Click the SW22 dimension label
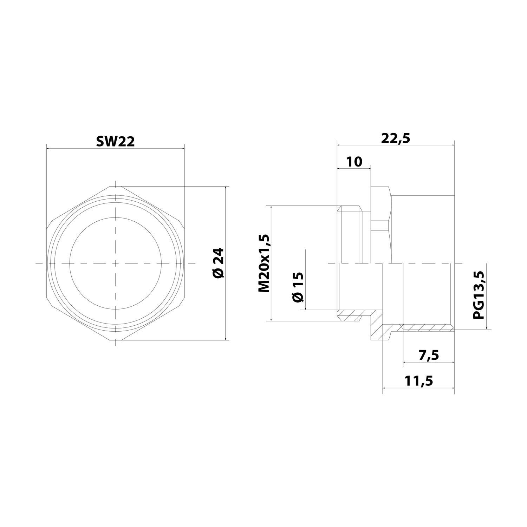pos(115,142)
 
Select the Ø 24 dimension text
pos(218,263)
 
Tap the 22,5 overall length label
pos(396,138)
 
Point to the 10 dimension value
pos(354,162)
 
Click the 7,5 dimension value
pos(429,355)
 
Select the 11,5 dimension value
pos(418,380)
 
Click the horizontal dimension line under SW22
pos(115,149)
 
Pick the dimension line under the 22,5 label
pos(396,145)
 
